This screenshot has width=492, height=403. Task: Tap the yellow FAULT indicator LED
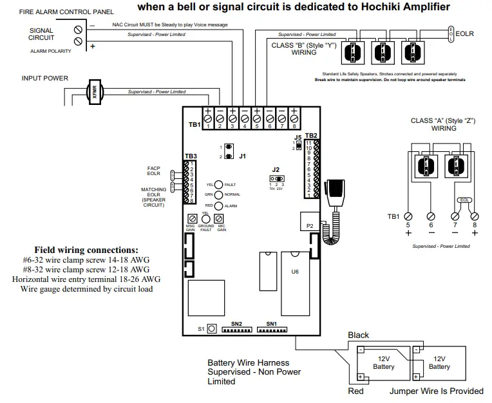[x=219, y=184]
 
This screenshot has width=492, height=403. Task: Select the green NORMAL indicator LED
[x=219, y=194]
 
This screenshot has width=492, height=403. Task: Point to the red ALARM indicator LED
[x=219, y=205]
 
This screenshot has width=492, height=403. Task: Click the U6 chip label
[x=295, y=272]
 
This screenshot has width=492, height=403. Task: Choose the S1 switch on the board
[x=211, y=328]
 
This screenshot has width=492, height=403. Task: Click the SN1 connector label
[x=271, y=323]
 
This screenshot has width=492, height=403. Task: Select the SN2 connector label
[x=236, y=323]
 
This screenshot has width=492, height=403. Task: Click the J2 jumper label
[x=276, y=169]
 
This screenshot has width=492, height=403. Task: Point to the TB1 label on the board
[x=194, y=124]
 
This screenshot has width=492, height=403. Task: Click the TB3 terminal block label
[x=191, y=156]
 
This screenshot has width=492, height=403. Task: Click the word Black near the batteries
[x=359, y=335]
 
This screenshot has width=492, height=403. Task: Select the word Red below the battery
[x=355, y=391]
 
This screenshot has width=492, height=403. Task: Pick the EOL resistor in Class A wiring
[x=464, y=200]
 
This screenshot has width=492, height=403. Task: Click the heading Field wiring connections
[x=86, y=249]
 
